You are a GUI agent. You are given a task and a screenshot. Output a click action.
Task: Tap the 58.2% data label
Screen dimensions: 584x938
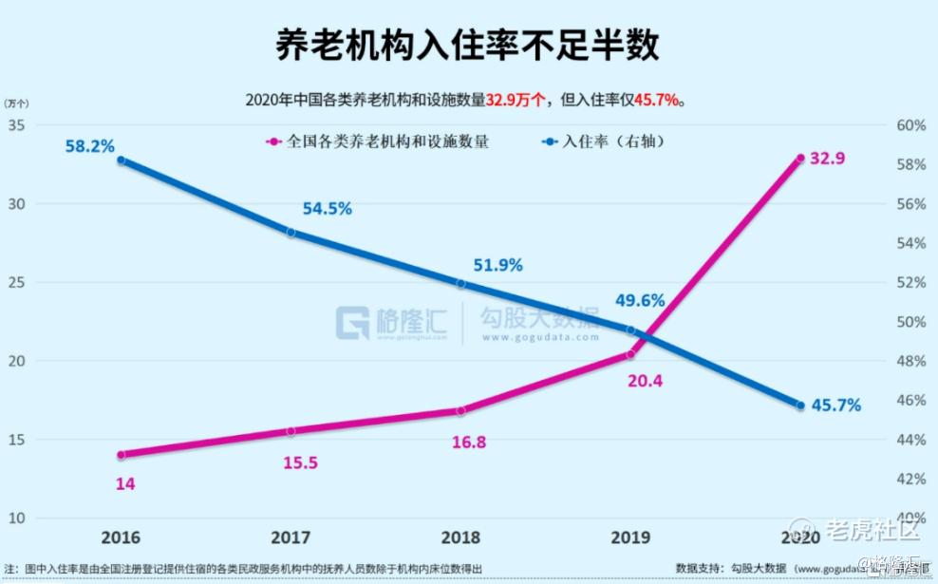(90, 146)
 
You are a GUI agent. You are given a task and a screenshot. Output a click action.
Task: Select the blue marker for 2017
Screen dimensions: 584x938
(291, 232)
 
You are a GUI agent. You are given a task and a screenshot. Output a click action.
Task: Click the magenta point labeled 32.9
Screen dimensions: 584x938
(800, 159)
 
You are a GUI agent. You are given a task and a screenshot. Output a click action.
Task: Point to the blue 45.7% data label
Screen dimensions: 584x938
(835, 405)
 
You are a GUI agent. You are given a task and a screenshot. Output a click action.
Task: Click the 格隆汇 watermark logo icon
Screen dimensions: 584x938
(353, 322)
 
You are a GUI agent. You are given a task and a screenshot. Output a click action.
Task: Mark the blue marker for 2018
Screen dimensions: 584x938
(461, 284)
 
